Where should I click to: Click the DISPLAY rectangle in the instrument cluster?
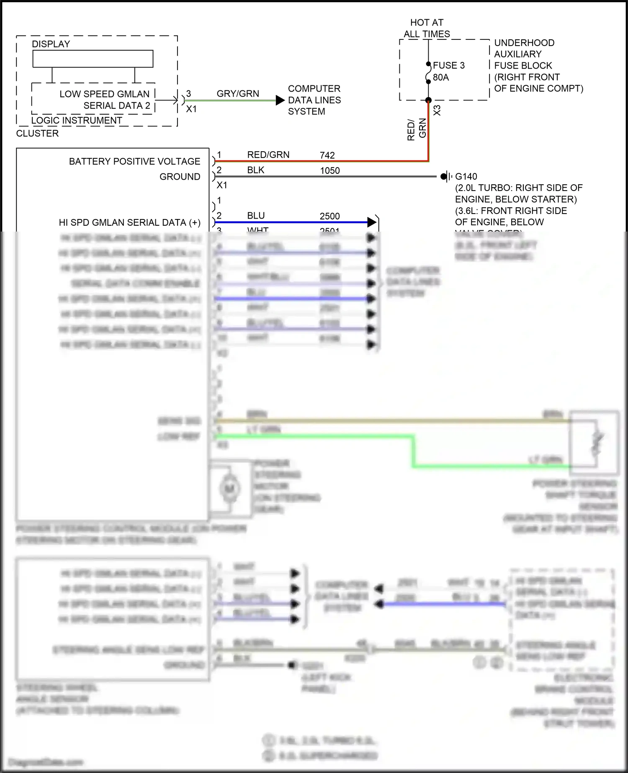[93, 59]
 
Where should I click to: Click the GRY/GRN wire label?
[238, 94]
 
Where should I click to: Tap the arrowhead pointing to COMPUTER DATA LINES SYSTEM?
[280, 100]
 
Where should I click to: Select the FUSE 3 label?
[448, 65]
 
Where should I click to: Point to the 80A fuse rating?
[441, 77]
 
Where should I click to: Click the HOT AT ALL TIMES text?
[427, 28]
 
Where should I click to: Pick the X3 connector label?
[437, 111]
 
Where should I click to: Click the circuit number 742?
[327, 155]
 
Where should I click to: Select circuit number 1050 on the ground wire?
[330, 171]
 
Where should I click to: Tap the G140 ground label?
[466, 177]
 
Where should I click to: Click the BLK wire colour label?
[256, 170]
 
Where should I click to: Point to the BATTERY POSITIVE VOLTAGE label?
[134, 162]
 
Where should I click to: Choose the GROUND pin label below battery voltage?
[180, 177]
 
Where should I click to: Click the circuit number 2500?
[329, 216]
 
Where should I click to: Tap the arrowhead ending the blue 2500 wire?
[371, 222]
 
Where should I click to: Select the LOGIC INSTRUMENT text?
[77, 121]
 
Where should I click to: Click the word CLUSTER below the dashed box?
[37, 134]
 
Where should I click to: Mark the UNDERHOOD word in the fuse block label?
[524, 43]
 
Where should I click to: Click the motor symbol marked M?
[229, 488]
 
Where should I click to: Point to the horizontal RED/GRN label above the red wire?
[268, 155]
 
